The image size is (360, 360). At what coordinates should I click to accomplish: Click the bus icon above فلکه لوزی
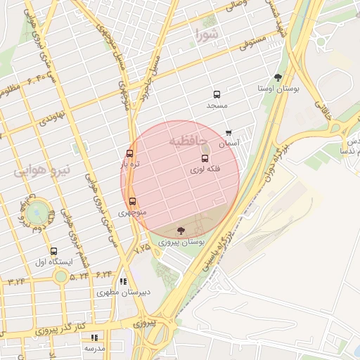[205, 159]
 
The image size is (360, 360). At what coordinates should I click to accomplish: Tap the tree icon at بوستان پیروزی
[181, 231]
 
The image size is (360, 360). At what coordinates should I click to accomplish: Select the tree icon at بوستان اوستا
[278, 77]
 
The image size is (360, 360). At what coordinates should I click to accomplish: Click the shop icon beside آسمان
[229, 133]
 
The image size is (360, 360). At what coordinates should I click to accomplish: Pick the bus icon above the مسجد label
[216, 94]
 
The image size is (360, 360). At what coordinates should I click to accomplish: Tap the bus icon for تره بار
[129, 153]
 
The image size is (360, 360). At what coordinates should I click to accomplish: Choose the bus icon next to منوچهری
[132, 201]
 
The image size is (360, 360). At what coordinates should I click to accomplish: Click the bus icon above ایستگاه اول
[54, 251]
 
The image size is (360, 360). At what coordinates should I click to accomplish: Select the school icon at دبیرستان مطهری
[124, 282]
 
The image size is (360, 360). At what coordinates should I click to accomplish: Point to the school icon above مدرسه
[94, 337]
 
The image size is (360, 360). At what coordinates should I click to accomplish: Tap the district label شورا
[208, 34]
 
